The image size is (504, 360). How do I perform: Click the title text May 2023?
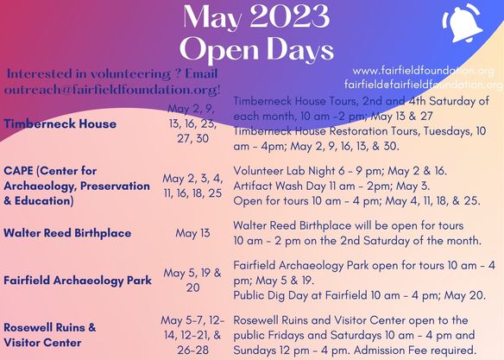(255, 17)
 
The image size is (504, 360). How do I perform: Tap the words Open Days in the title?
(255, 48)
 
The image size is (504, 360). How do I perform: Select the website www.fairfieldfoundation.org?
(423, 70)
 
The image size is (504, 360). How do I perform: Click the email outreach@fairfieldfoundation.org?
(111, 89)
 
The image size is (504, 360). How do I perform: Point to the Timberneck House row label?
(60, 123)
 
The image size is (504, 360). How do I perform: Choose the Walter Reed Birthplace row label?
(66, 233)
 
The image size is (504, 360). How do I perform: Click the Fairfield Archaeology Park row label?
(77, 280)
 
